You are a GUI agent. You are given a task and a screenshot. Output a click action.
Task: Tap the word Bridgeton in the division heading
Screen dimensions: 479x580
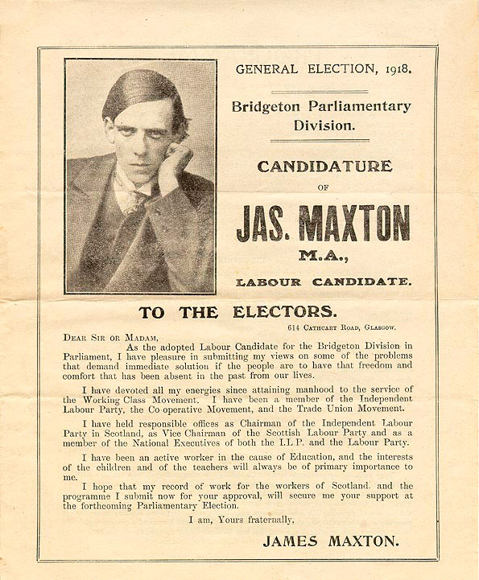264,107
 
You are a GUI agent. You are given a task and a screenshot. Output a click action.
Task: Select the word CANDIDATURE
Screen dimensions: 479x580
324,167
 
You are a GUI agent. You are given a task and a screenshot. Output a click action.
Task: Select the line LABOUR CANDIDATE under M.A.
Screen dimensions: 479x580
324,282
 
